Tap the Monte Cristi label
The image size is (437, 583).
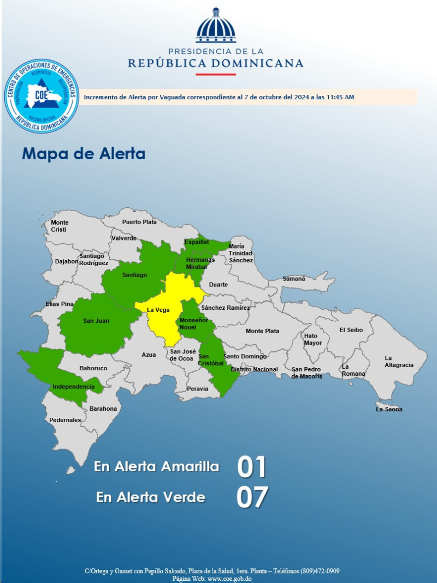tap(60, 226)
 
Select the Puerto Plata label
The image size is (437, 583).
tap(139, 222)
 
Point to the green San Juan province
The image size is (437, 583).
tap(96, 324)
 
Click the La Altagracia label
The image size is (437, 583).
tap(398, 362)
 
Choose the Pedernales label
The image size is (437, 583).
tap(65, 420)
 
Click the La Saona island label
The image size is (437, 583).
tap(389, 409)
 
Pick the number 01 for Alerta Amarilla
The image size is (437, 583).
tap(252, 467)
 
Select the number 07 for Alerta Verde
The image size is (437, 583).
tap(252, 497)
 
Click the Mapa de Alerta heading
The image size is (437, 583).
tap(84, 154)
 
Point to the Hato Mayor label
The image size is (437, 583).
tap(313, 339)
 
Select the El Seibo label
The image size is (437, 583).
tap(350, 330)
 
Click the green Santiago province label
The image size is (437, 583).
tap(134, 275)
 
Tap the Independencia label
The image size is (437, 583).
tap(73, 387)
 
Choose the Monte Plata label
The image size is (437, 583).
tap(262, 331)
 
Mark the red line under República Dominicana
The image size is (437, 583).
tap(216, 74)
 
